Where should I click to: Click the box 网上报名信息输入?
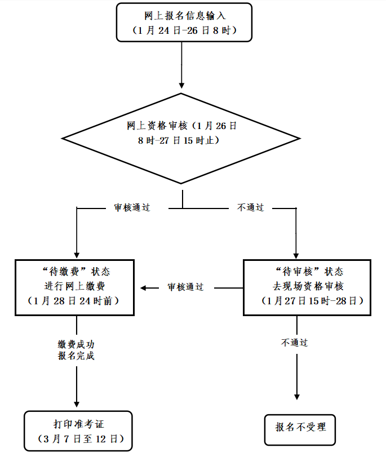(181, 22)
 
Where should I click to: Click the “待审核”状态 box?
(307, 287)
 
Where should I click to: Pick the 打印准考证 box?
(79, 431)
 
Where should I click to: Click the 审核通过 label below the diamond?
(132, 207)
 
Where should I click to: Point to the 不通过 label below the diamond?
(250, 207)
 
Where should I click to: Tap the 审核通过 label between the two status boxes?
(185, 287)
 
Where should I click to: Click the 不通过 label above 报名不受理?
(295, 342)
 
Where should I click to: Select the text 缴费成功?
(76, 344)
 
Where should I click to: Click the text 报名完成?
(76, 356)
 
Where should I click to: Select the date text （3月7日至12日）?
(79, 438)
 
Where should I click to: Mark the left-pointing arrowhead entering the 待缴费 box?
(144, 288)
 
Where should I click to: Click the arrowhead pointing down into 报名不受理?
(296, 396)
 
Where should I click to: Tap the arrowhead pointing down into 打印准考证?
(76, 402)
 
